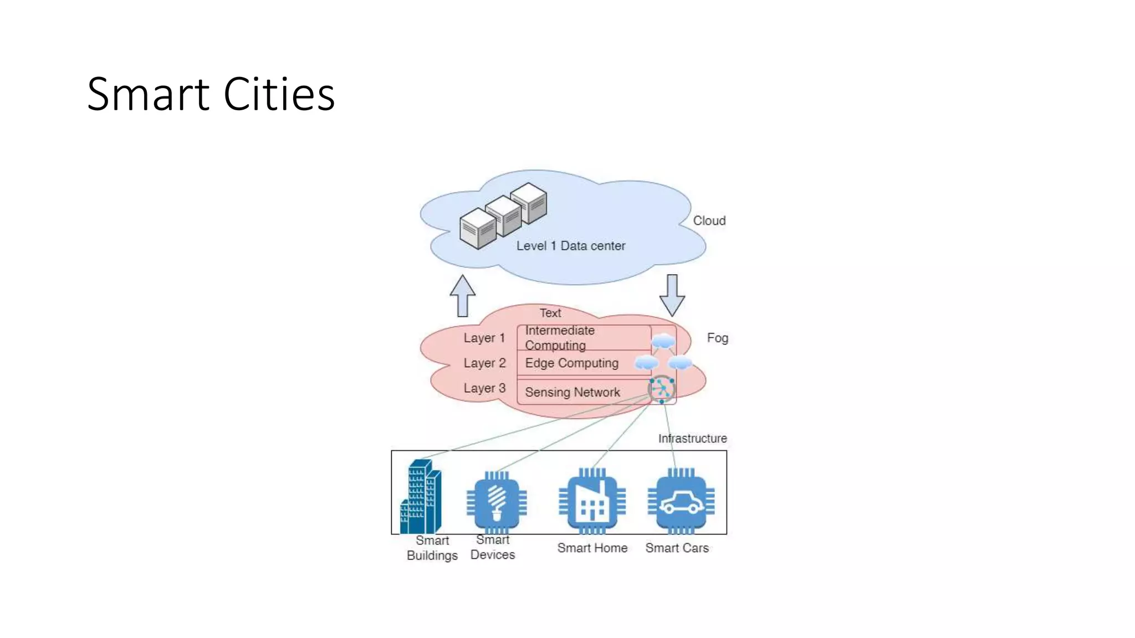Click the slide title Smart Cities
coord(211,94)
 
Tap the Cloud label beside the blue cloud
coord(709,220)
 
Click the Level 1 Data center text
coord(570,246)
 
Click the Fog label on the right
coord(717,338)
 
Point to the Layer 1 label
coord(484,338)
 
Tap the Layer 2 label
coord(484,363)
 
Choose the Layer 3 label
coord(484,388)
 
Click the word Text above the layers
coord(550,313)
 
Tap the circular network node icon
coord(662,389)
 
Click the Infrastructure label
coord(692,439)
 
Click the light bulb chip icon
coord(497,501)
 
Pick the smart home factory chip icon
coord(592,501)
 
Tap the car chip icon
coord(681,501)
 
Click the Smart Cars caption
coord(677,548)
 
